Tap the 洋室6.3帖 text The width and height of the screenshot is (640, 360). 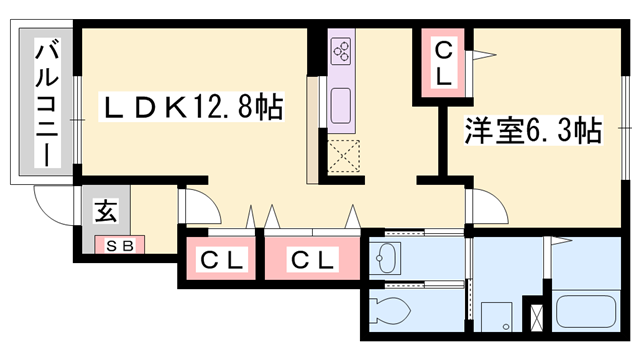click(x=531, y=130)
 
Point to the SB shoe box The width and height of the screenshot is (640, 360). click(x=120, y=243)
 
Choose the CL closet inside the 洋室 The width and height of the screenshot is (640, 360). click(x=443, y=62)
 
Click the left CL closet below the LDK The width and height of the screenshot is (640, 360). click(x=222, y=260)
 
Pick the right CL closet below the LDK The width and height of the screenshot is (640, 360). click(x=312, y=260)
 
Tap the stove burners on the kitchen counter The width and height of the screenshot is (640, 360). click(x=341, y=48)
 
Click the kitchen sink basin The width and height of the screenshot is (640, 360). click(x=341, y=103)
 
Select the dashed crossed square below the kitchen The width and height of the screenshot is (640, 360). click(x=344, y=156)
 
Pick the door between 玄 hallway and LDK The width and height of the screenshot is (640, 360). click(x=200, y=205)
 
